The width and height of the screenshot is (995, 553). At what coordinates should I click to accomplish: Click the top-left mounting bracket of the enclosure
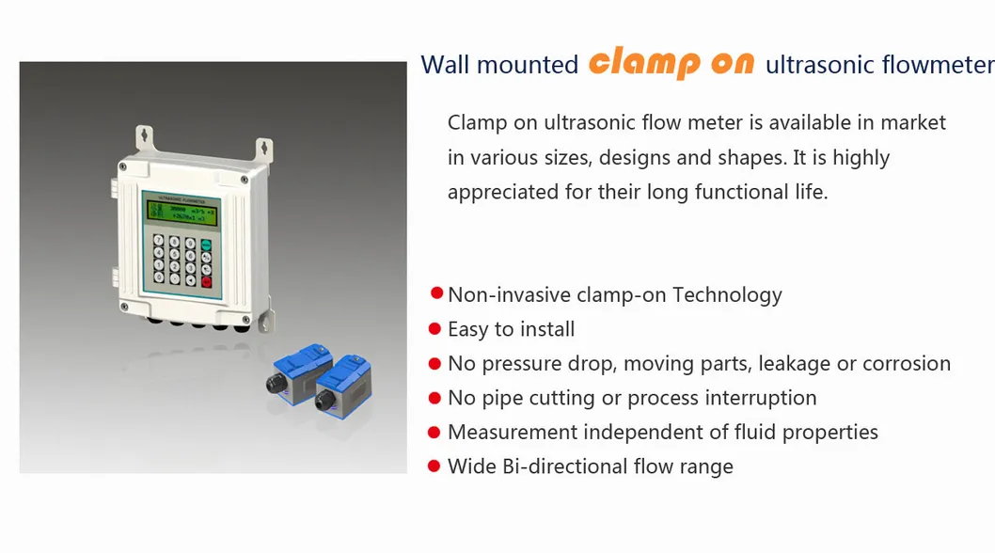(143, 136)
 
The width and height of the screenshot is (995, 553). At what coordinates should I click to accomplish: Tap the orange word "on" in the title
(733, 63)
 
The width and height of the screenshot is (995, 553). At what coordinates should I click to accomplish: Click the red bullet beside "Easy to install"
(434, 329)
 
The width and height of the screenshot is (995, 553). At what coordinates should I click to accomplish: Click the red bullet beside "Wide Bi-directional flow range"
(434, 466)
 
